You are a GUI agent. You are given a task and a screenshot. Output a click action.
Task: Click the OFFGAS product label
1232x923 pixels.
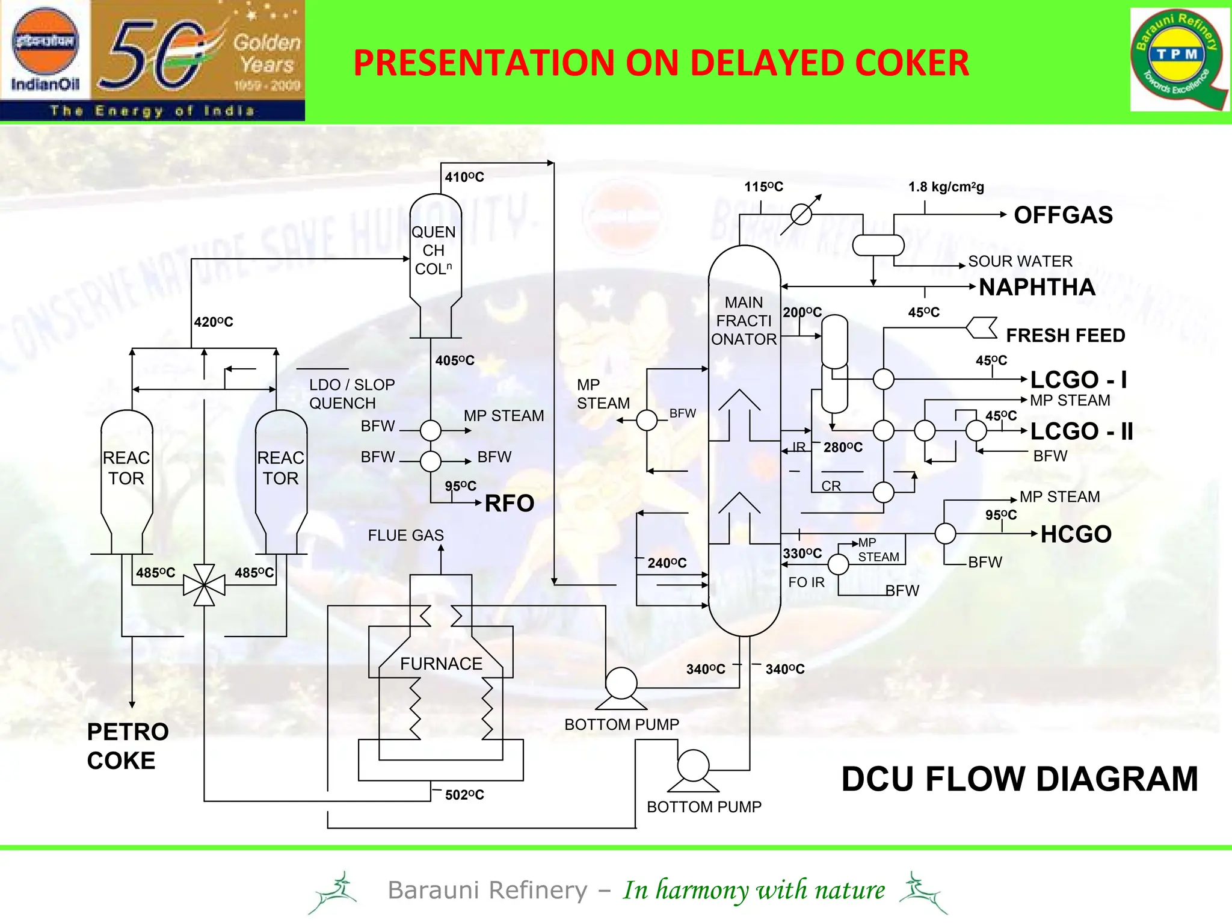pos(1063,215)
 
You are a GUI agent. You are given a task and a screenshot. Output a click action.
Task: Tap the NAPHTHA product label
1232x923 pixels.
pos(1036,288)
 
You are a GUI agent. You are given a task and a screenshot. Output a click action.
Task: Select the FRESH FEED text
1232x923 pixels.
pos(1065,335)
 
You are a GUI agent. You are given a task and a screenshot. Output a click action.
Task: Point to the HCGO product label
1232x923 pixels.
pos(1076,534)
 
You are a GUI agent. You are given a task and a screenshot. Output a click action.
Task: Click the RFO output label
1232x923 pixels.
pos(509,504)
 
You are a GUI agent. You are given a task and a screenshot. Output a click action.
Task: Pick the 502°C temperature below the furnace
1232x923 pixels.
pos(464,795)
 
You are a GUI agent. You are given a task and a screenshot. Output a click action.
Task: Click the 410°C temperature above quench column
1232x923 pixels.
pos(464,177)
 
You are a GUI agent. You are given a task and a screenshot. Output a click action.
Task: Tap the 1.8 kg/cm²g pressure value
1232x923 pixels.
pos(946,187)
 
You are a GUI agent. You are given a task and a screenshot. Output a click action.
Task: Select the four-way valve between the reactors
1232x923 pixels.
pos(204,585)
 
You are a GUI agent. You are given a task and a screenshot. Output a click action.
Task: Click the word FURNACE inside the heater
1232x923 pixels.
pos(441,664)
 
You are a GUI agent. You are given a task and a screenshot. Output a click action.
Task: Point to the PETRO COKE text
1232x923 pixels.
pos(128,746)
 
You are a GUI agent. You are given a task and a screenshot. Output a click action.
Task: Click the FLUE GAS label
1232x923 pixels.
pos(405,535)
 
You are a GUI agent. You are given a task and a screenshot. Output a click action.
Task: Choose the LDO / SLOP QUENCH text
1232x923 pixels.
pos(352,394)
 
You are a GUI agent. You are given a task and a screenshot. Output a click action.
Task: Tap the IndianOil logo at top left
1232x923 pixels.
pos(45,51)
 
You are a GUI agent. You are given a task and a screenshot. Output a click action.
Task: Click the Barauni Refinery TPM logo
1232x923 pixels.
pos(1178,59)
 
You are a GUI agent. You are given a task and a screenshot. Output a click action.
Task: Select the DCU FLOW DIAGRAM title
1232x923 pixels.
pos(1019,779)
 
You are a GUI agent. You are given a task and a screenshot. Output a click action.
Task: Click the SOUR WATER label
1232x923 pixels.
pos(1020,261)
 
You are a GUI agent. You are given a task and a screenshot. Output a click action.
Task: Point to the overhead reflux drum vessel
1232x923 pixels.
pos(878,245)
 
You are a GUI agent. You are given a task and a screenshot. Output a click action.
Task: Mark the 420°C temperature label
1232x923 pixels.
pos(214,322)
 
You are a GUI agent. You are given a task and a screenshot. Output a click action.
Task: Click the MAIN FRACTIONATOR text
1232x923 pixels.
pos(744,321)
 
